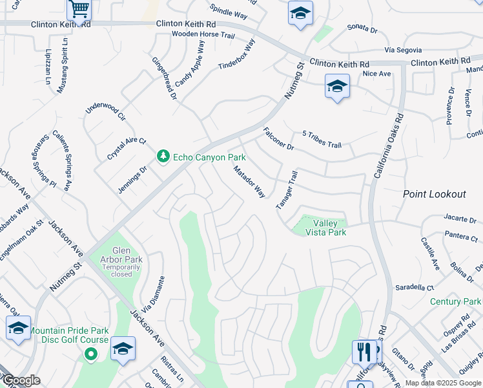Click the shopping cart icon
(x=79, y=10)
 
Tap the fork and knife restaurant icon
(x=364, y=352)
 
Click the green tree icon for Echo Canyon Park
(x=163, y=156)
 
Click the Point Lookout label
(x=434, y=194)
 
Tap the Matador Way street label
(x=249, y=182)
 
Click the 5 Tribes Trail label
(x=322, y=140)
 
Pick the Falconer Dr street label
(x=278, y=138)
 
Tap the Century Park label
(x=456, y=301)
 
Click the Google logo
(x=21, y=381)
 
